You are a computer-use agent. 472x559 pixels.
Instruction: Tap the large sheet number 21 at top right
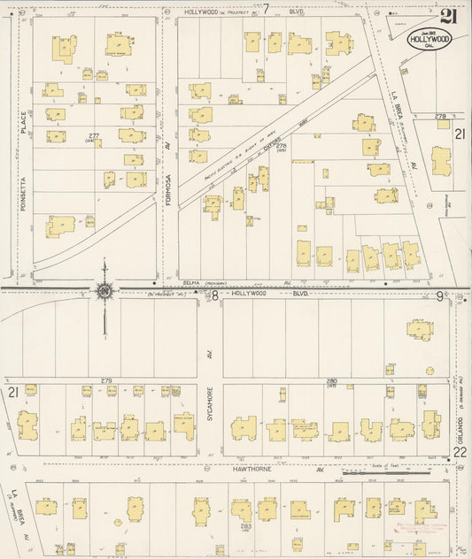(449, 15)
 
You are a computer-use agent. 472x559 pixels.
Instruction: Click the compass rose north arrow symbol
(104, 291)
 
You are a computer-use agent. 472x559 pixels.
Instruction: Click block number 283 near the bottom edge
(245, 527)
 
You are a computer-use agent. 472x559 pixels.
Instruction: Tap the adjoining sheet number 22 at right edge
(460, 452)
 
